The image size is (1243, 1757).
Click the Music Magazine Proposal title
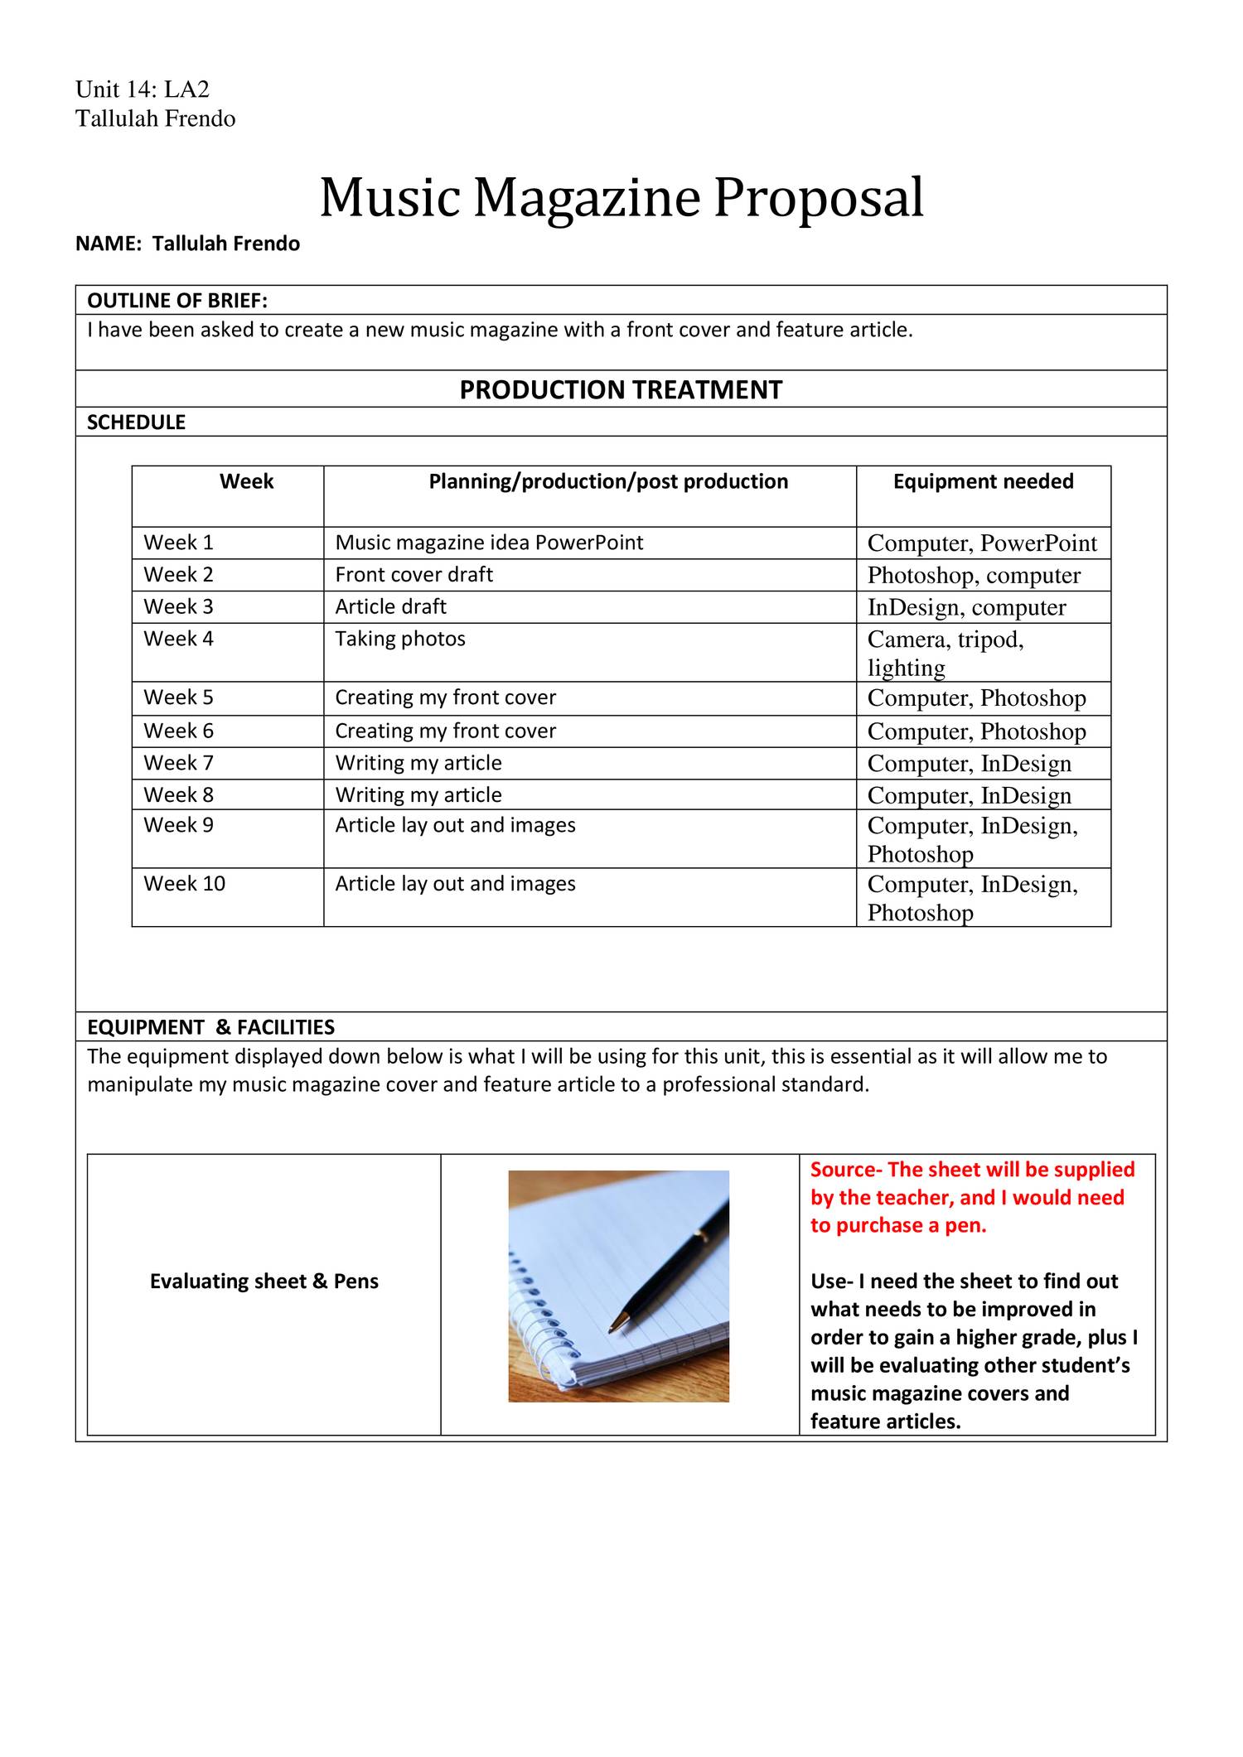pyautogui.click(x=621, y=198)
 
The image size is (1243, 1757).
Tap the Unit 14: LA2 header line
pyautogui.click(x=143, y=89)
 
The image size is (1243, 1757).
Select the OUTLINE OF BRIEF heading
pyautogui.click(x=177, y=300)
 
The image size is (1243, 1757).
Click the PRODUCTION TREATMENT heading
pyautogui.click(x=621, y=389)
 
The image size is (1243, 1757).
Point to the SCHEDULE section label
pyautogui.click(x=137, y=422)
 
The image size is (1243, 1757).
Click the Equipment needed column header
pyautogui.click(x=983, y=481)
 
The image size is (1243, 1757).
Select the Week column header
pyautogui.click(x=246, y=481)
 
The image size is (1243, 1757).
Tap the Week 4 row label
pyautogui.click(x=178, y=639)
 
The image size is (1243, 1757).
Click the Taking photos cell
pyautogui.click(x=400, y=639)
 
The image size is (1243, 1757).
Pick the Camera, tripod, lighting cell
pyautogui.click(x=946, y=653)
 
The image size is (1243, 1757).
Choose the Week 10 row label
pyautogui.click(x=184, y=883)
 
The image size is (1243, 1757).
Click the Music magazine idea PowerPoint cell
pyautogui.click(x=489, y=543)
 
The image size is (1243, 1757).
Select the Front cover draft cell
pyautogui.click(x=414, y=574)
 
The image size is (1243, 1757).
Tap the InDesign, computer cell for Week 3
pyautogui.click(x=966, y=607)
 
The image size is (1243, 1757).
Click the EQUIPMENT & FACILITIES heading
pyautogui.click(x=210, y=1027)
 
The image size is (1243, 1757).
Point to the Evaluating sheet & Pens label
pyautogui.click(x=264, y=1281)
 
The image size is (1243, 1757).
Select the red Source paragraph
pyautogui.click(x=971, y=1197)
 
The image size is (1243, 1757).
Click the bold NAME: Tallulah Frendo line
pyautogui.click(x=187, y=244)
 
